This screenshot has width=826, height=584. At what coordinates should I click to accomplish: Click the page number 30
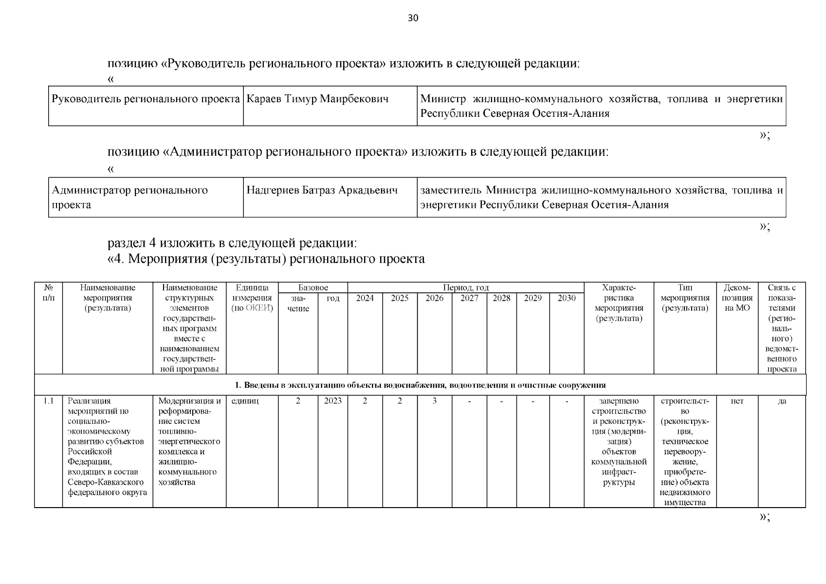tap(413, 18)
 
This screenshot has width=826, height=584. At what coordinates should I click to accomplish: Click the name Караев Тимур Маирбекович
tap(317, 99)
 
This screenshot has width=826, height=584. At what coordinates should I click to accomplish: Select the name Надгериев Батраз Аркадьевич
tap(322, 190)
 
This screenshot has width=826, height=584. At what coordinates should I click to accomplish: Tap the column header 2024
tap(365, 298)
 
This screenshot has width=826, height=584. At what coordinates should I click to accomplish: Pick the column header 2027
tap(469, 298)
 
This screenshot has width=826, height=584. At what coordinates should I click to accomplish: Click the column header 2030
tap(567, 298)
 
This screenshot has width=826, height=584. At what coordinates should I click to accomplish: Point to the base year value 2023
tap(332, 401)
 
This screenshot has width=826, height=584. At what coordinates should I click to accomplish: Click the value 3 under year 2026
tap(434, 401)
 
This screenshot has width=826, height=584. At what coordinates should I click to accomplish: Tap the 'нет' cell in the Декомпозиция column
tap(737, 401)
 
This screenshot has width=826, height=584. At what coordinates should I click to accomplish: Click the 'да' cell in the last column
tap(782, 401)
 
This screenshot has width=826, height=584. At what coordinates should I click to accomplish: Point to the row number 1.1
tap(48, 401)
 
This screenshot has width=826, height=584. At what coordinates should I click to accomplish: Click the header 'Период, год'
tap(465, 288)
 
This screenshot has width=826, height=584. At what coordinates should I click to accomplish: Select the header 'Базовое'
tap(313, 288)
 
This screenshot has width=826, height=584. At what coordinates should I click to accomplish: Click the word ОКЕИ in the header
tap(259, 308)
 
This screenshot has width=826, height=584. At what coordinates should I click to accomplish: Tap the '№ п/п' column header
tap(48, 292)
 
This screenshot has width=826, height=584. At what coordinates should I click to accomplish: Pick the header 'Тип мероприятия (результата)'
tap(685, 298)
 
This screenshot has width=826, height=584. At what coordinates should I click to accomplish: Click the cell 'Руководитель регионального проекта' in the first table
tap(146, 99)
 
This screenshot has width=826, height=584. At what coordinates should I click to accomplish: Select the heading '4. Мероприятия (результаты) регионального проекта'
tap(266, 259)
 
